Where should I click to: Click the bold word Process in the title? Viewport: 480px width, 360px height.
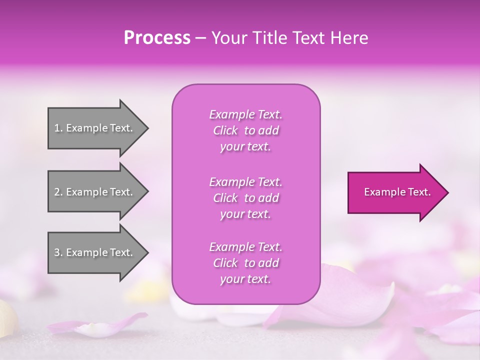(157, 38)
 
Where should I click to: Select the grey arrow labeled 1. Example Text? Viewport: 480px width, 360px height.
(95, 128)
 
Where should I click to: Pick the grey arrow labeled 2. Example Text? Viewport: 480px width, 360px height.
(95, 192)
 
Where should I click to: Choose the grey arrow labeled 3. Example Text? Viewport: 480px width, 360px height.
(95, 252)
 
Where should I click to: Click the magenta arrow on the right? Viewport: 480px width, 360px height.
(395, 192)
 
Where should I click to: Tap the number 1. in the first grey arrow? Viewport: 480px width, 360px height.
(58, 128)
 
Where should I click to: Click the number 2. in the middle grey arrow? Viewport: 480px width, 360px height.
(58, 192)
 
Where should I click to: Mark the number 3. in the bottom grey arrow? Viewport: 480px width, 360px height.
(58, 252)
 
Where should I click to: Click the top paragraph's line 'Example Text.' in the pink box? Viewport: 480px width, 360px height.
(245, 114)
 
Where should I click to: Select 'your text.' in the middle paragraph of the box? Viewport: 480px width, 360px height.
(245, 214)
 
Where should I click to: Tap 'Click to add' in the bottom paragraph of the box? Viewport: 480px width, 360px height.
(245, 263)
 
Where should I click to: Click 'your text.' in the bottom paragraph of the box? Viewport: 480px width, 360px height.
(245, 279)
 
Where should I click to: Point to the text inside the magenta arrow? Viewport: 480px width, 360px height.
(397, 192)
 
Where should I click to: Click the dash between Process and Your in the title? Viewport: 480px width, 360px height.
(201, 38)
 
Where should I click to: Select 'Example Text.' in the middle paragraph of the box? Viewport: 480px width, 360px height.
(245, 181)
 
